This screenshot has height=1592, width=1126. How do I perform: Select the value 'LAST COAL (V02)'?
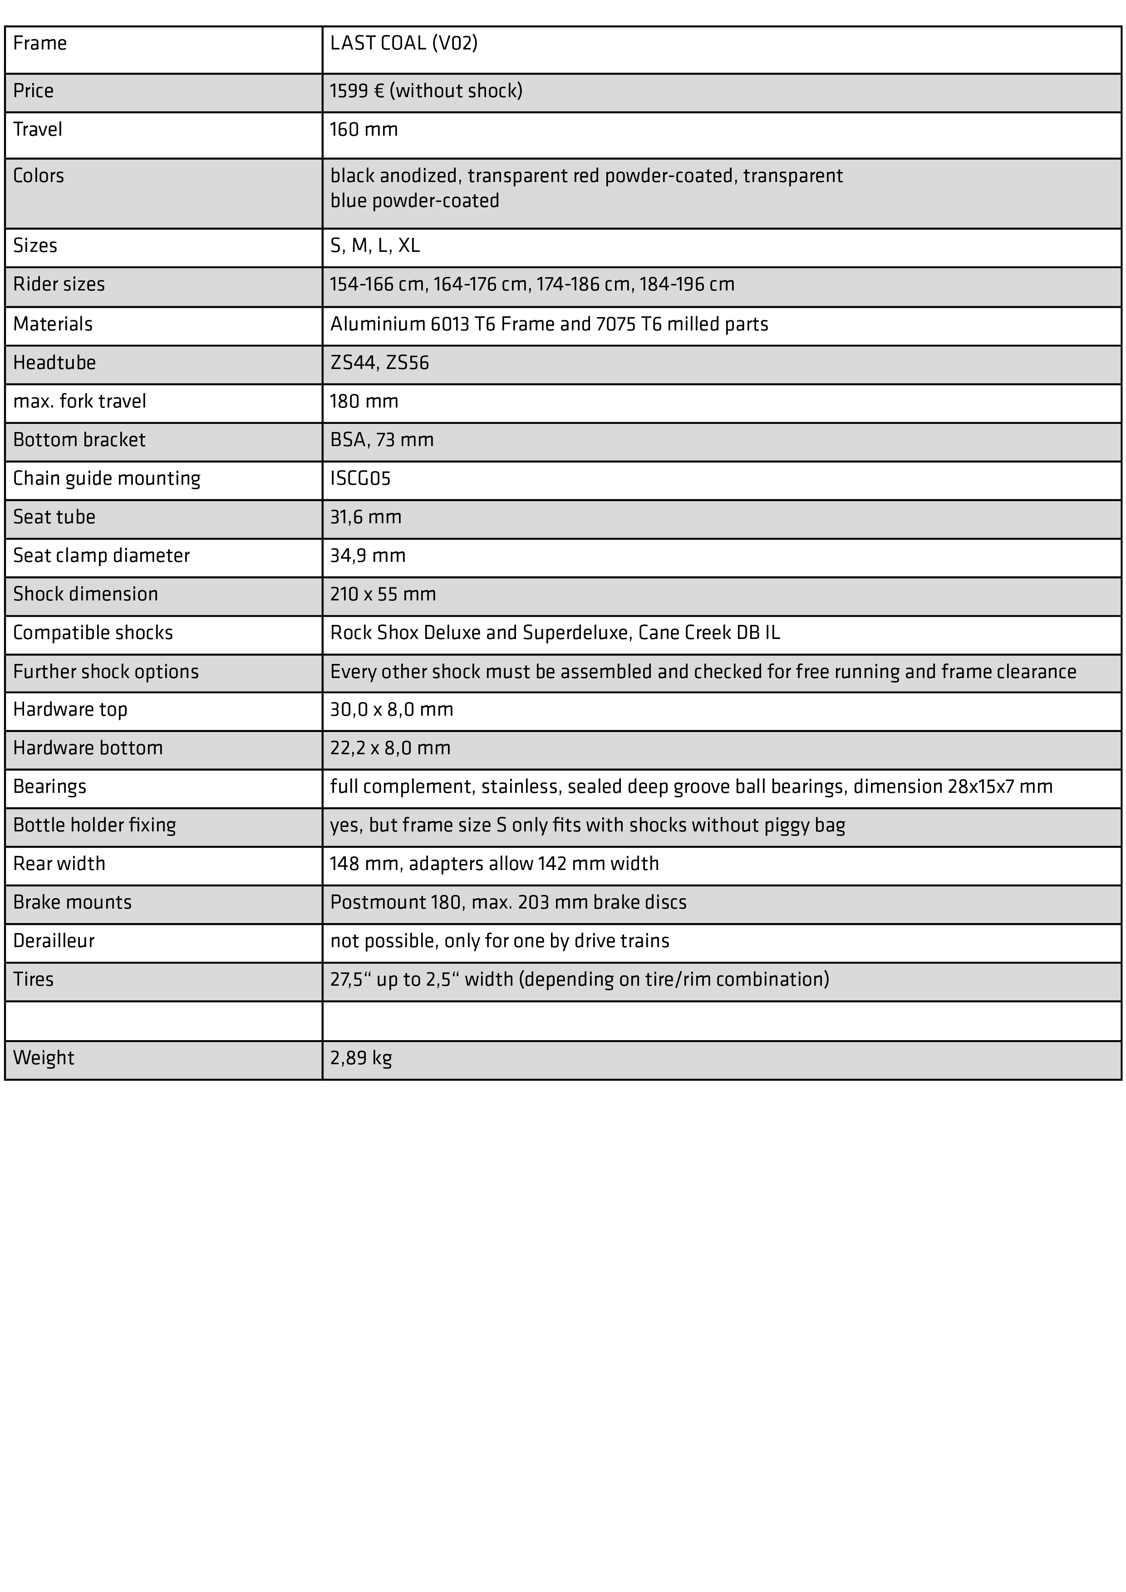(403, 44)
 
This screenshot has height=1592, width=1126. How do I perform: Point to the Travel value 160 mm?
(364, 130)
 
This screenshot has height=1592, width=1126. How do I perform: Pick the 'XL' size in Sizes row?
(408, 246)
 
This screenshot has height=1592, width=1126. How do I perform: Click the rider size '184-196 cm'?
(686, 284)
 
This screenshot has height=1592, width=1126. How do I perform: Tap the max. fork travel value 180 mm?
(364, 402)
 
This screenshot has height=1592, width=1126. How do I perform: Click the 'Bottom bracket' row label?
(79, 440)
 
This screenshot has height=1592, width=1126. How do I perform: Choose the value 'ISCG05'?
(360, 478)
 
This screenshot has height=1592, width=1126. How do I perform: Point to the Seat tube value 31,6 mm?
(365, 517)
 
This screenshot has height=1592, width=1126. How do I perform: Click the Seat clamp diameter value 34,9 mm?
(368, 555)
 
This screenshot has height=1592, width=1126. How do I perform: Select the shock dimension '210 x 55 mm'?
(383, 594)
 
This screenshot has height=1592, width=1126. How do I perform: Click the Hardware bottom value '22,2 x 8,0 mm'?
(390, 748)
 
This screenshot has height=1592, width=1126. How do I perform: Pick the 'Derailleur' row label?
(54, 941)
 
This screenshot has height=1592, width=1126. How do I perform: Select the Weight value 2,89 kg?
(360, 1058)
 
